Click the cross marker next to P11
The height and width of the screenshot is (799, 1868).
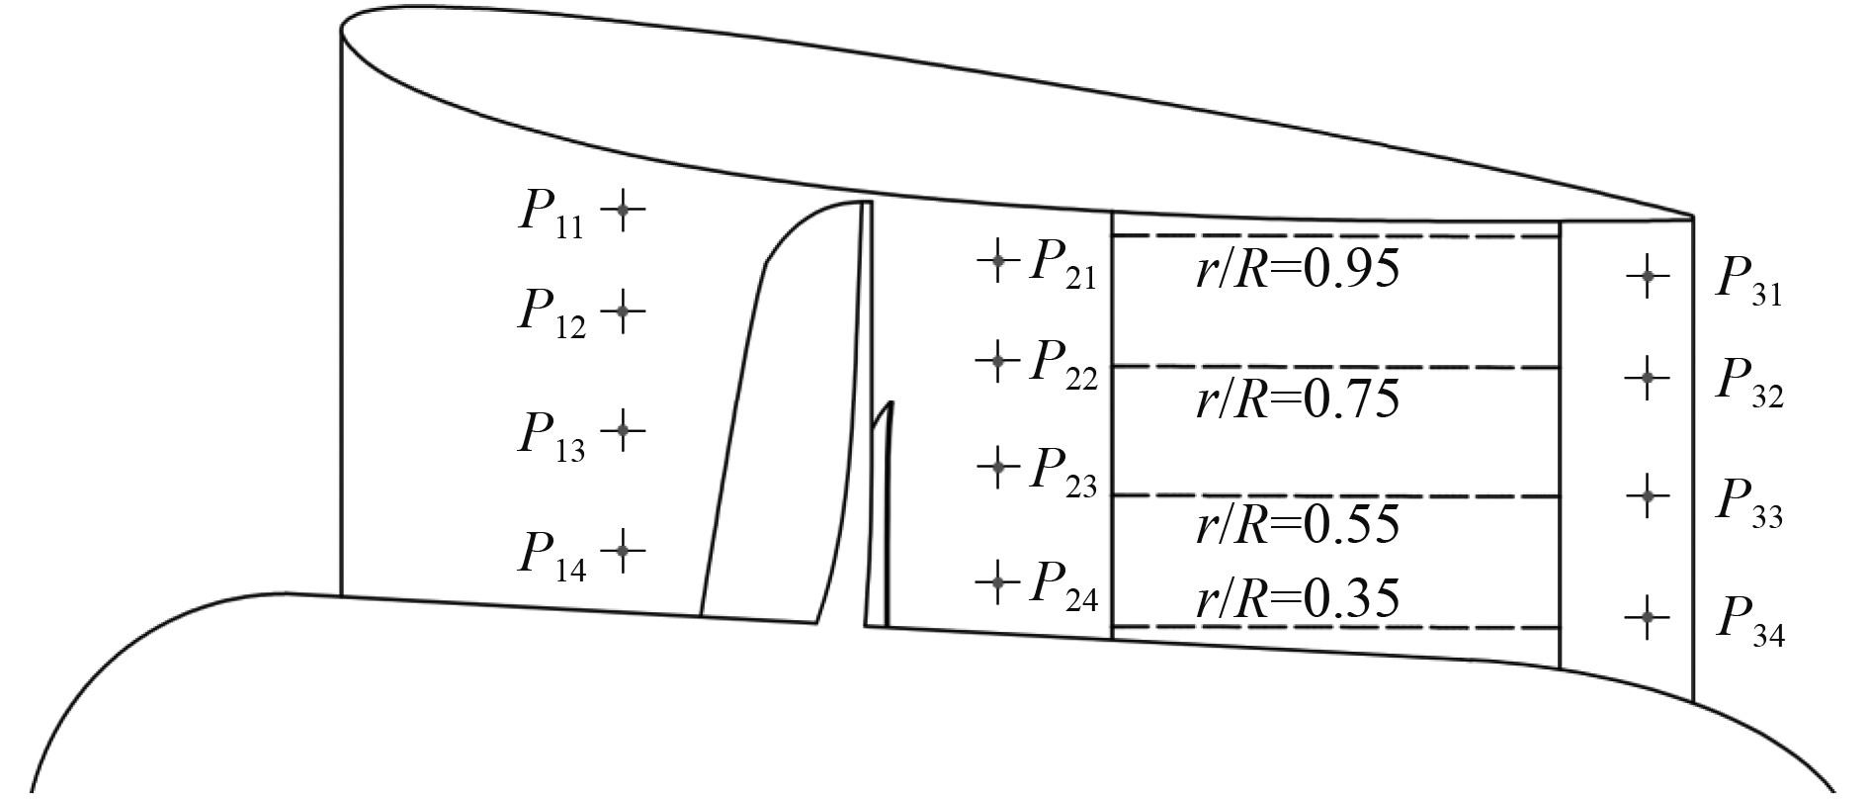pos(622,210)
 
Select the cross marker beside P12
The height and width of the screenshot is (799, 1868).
pos(622,311)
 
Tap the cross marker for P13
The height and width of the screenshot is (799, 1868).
pos(622,430)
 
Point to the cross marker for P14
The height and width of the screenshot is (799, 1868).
pos(622,549)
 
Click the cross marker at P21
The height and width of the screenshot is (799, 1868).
pos(997,261)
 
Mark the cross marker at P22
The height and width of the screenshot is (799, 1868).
pos(997,361)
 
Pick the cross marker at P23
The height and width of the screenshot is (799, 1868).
pos(997,463)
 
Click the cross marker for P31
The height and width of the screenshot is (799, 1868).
pos(1647,277)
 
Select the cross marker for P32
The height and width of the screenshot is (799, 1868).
pos(1647,377)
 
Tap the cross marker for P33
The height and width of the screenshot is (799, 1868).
pos(1647,494)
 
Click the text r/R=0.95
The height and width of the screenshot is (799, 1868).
pos(1298,268)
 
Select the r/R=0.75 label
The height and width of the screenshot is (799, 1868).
pos(1298,399)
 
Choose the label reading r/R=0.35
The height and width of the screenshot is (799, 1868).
pos(1298,599)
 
